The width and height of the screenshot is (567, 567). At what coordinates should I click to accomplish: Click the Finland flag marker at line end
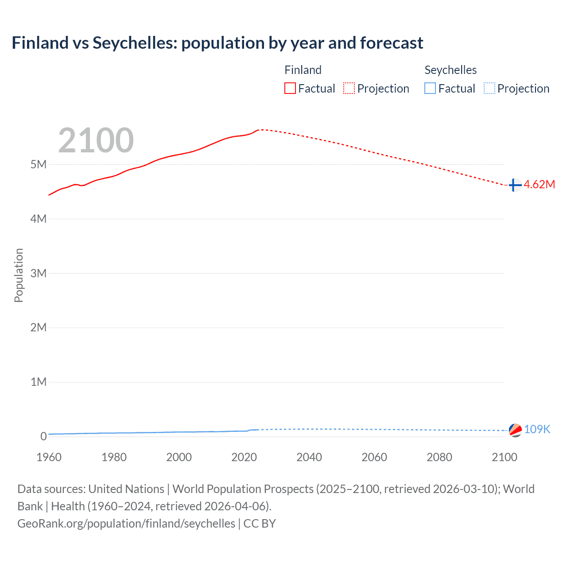[x=515, y=185]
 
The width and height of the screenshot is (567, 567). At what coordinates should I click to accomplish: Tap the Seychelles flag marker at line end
[x=515, y=430]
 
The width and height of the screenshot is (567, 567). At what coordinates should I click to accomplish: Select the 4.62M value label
[x=539, y=185]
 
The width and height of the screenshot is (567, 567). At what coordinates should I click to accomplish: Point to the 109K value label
[x=537, y=429]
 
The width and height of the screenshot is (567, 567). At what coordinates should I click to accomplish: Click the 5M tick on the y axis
[x=39, y=164]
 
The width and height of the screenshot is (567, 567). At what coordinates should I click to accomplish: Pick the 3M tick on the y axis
[x=39, y=273]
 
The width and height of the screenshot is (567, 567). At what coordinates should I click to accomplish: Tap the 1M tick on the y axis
[x=39, y=382]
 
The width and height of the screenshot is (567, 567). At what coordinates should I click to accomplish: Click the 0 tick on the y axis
[x=43, y=436]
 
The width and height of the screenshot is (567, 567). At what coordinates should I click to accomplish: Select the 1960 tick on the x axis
[x=49, y=457]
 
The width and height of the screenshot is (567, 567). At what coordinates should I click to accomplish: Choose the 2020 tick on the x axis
[x=244, y=457]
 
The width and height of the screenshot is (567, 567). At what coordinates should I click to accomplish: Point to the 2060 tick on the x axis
[x=374, y=457]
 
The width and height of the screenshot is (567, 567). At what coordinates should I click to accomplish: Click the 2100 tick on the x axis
[x=504, y=457]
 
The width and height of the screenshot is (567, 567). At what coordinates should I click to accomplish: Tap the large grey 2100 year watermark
[x=96, y=140]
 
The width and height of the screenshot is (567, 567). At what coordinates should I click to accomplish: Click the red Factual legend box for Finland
[x=290, y=89]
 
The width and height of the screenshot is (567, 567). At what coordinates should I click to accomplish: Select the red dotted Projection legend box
[x=349, y=89]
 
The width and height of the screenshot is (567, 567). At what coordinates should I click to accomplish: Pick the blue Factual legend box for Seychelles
[x=430, y=89]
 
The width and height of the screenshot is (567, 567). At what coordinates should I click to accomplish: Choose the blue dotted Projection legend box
[x=489, y=89]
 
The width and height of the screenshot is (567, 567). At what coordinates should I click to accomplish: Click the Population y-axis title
[x=19, y=275]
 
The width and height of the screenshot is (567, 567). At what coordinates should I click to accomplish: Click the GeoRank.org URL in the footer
[x=126, y=523]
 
